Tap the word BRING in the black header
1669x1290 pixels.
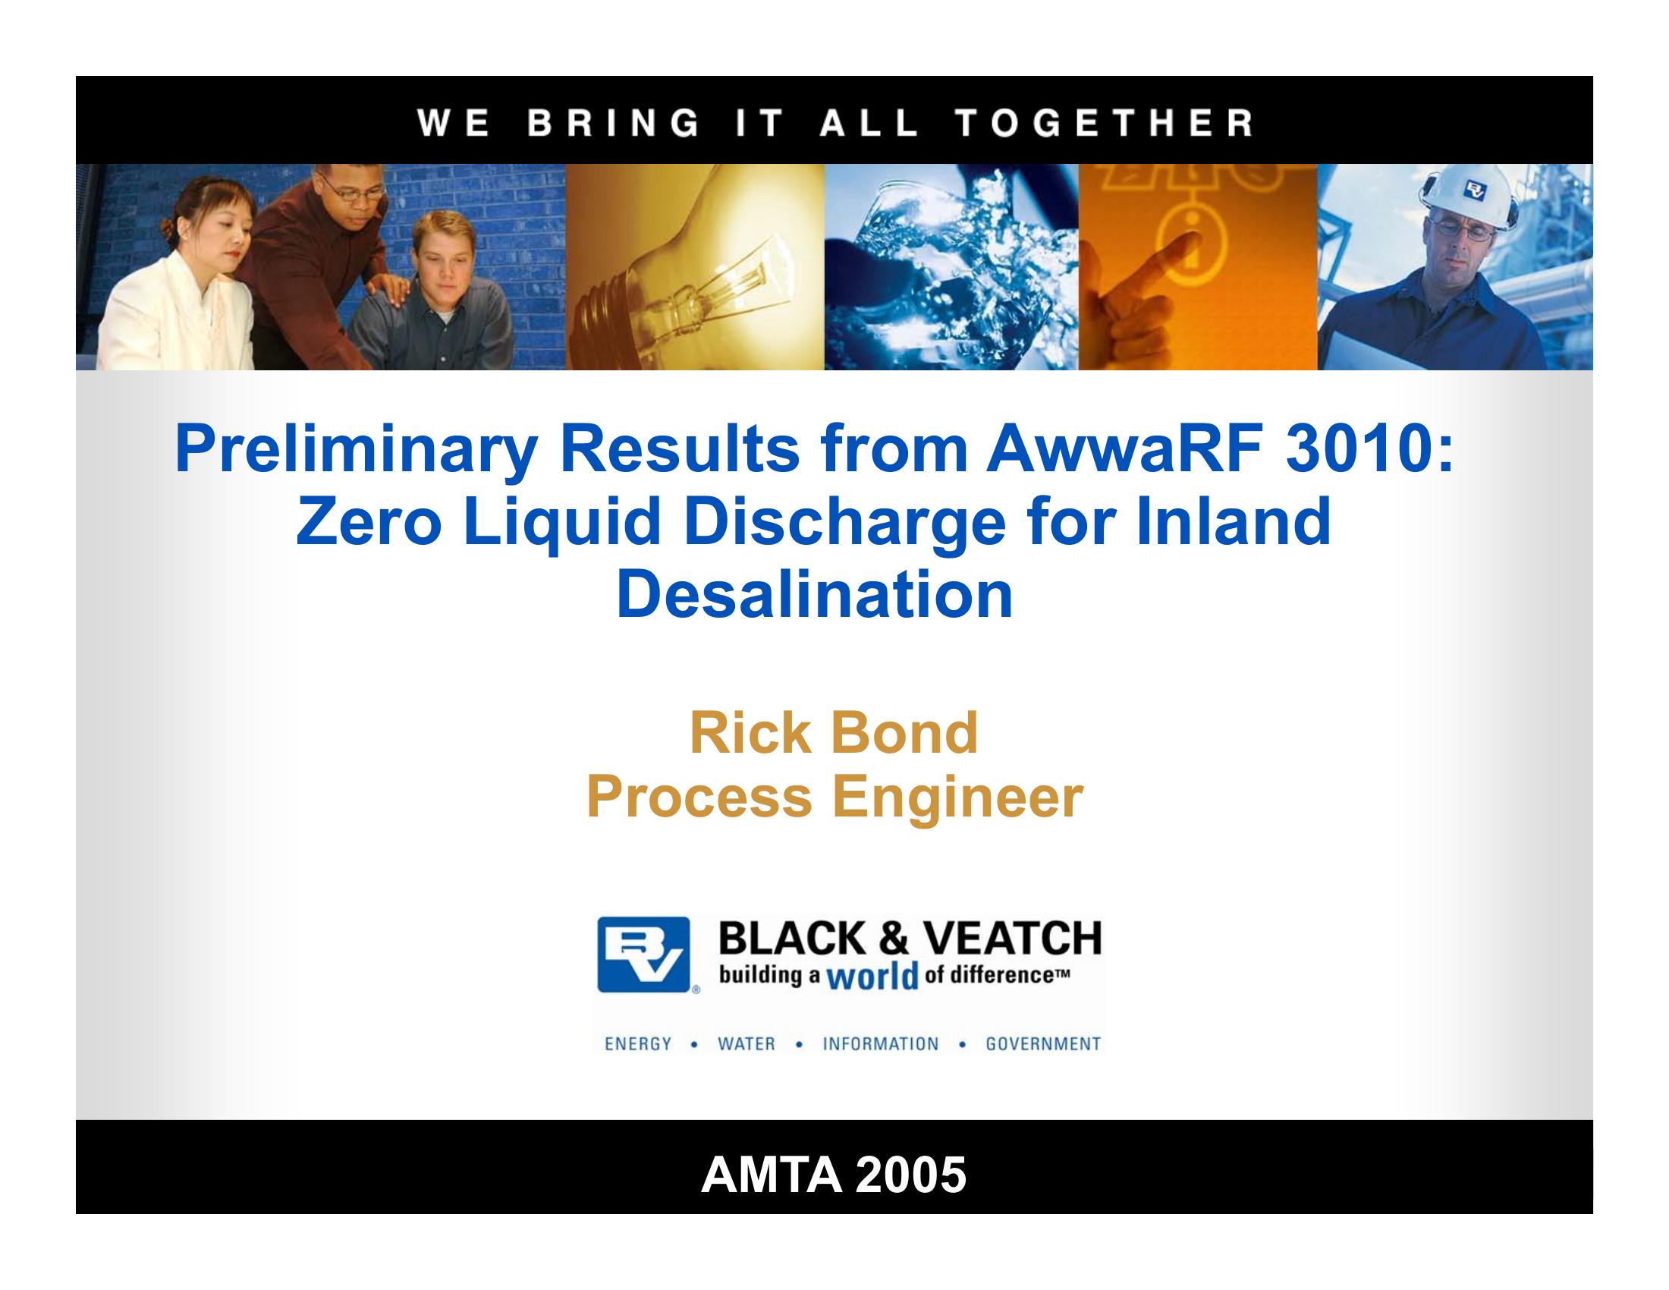point(613,122)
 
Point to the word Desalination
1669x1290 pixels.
point(815,595)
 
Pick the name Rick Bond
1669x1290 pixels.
point(834,733)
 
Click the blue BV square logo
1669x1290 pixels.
point(643,955)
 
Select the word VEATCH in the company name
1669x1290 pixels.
point(1013,939)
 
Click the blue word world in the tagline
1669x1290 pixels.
point(872,978)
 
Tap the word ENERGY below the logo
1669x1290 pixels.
point(638,1044)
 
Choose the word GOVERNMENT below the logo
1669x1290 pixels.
point(1043,1044)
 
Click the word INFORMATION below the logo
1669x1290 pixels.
point(880,1044)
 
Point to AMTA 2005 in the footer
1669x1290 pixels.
point(834,1175)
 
